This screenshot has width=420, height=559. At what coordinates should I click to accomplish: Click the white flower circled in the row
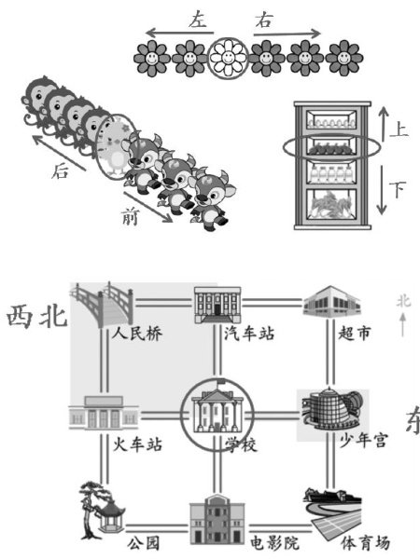pos(228,58)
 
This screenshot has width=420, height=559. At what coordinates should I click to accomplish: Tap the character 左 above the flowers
pos(198,20)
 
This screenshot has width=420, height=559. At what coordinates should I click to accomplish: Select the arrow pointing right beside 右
pos(287,34)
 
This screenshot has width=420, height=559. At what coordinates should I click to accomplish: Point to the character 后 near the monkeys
pos(60,171)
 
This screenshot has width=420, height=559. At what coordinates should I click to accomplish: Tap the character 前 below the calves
pos(130,217)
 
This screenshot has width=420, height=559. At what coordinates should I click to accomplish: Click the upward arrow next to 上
pos(384,125)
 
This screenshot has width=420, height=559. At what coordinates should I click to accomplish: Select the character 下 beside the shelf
pos(398,190)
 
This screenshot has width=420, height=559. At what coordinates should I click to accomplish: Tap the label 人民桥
pos(137,334)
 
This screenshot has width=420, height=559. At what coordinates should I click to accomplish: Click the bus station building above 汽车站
pos(217,306)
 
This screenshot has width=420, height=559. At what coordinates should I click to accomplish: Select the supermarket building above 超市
pos(331,302)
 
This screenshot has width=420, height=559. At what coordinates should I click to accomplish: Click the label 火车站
pos(137,444)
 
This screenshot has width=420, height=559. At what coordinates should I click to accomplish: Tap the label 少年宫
pos(363,441)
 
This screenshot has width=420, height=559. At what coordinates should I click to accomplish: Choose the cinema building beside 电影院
pos(217,523)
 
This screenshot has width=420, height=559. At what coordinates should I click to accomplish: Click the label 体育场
pos(365,543)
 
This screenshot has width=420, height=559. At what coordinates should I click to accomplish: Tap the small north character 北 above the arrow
pos(403,302)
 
